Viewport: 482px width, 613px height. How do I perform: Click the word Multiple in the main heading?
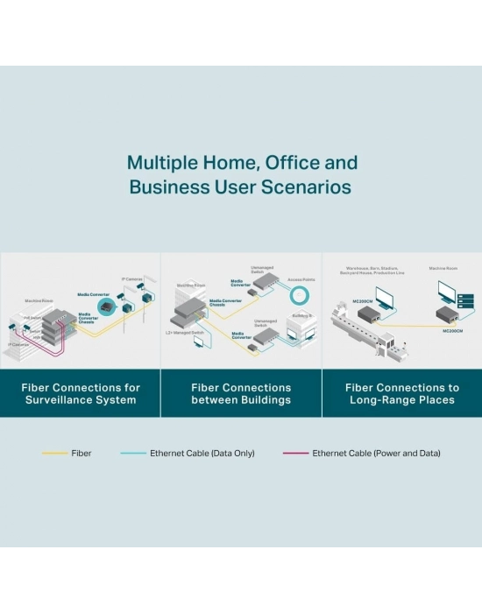click(x=159, y=163)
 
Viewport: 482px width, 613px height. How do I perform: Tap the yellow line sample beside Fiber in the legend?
click(x=54, y=454)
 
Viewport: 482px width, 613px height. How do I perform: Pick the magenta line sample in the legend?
click(x=295, y=454)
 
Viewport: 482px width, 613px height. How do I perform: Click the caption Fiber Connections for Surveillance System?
click(x=80, y=393)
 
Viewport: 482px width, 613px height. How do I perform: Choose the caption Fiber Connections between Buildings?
click(x=241, y=393)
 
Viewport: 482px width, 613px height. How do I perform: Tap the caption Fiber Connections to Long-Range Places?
click(x=401, y=393)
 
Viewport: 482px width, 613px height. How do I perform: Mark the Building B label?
click(x=303, y=314)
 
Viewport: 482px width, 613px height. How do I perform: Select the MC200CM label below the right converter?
click(x=452, y=331)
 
